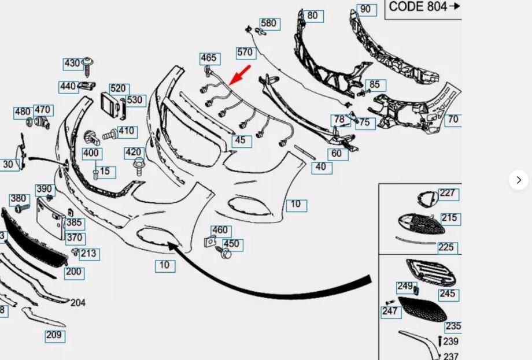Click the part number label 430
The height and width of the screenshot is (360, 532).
[72, 64]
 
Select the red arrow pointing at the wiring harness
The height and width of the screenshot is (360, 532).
[241, 75]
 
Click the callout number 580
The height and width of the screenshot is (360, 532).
[269, 24]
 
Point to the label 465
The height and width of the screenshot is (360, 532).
[209, 58]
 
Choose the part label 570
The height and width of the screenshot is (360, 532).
[245, 53]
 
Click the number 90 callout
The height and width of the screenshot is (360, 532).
[365, 9]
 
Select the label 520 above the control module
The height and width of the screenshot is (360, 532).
[118, 88]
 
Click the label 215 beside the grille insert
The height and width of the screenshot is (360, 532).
[449, 218]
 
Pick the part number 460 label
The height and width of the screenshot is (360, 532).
[220, 231]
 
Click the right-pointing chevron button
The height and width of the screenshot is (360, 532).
[519, 180]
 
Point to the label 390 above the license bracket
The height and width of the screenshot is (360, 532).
[45, 190]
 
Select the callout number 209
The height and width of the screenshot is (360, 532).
[54, 335]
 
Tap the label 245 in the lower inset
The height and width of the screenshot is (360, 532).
[448, 294]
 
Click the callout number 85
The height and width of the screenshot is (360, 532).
[375, 85]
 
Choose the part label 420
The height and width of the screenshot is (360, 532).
[134, 153]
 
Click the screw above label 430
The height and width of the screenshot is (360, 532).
[88, 66]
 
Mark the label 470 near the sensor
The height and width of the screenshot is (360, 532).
[43, 110]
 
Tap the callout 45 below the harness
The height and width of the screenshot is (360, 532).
[241, 140]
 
